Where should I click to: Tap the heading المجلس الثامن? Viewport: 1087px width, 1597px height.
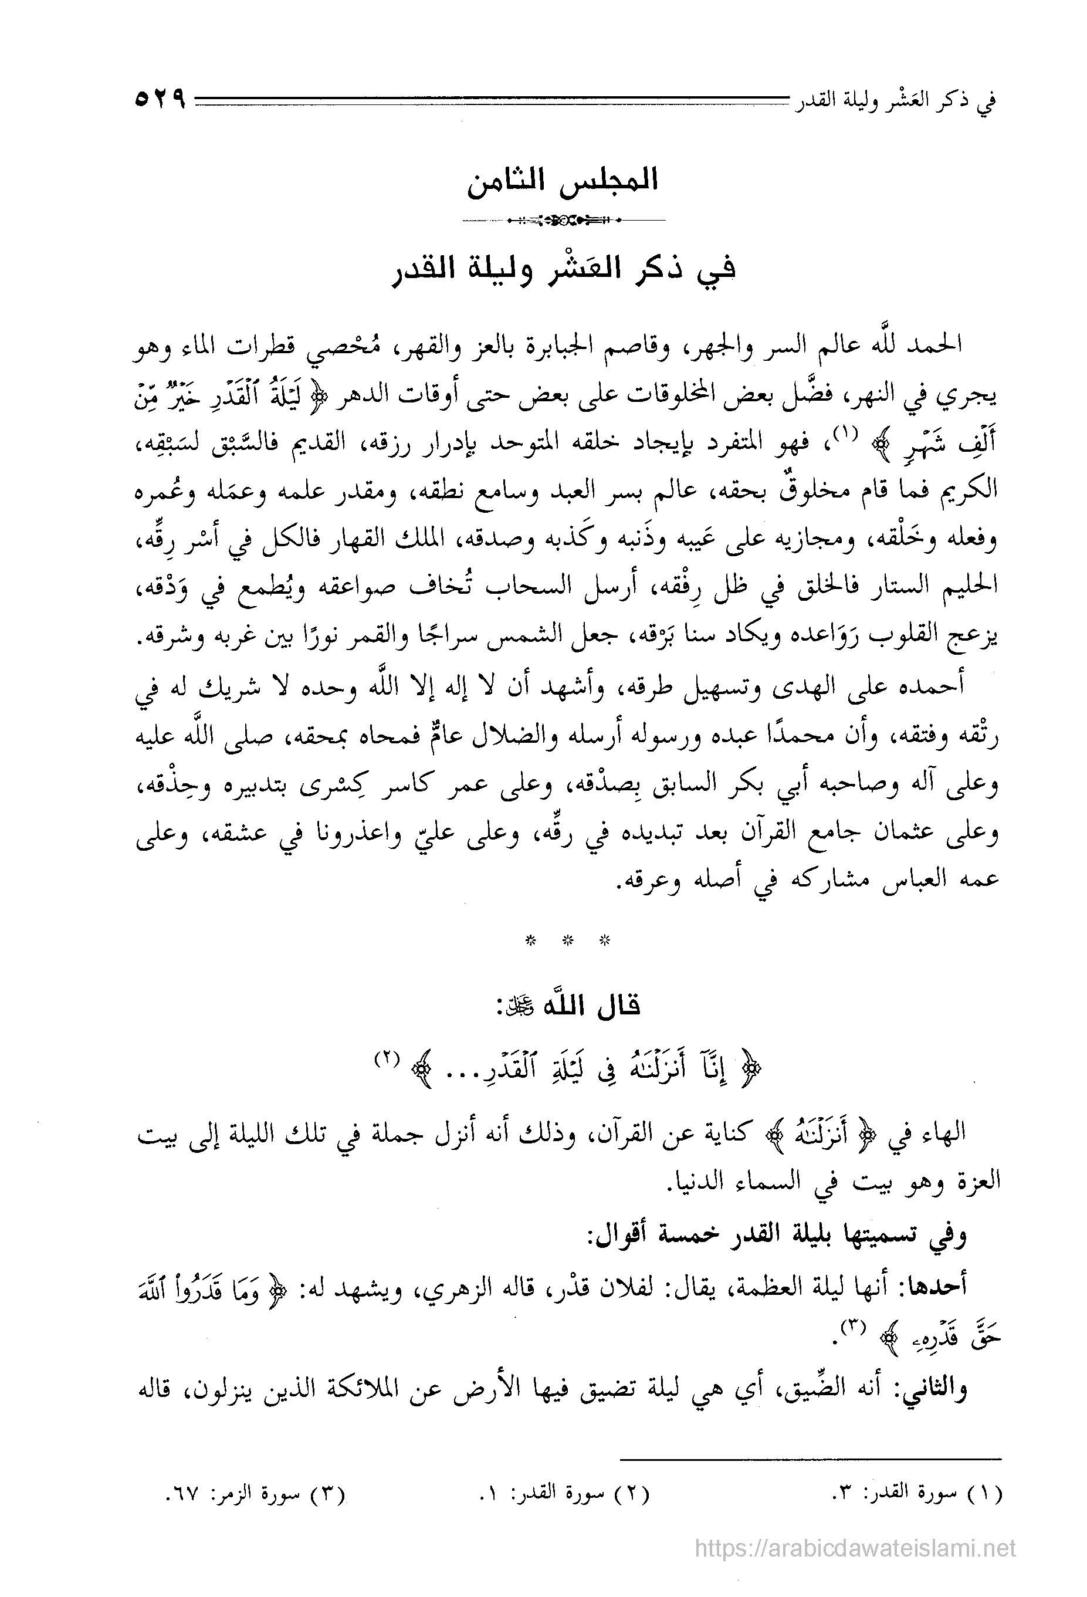pyautogui.click(x=563, y=181)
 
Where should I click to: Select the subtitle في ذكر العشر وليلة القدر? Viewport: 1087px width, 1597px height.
pyautogui.click(x=563, y=270)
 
